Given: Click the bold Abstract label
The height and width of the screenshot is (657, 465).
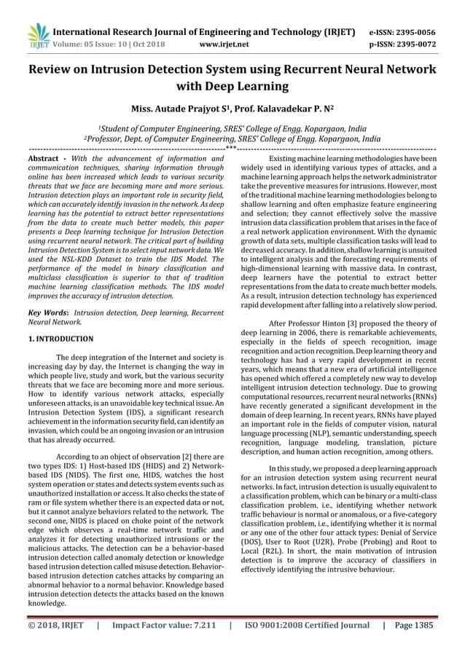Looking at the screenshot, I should (46, 159).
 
